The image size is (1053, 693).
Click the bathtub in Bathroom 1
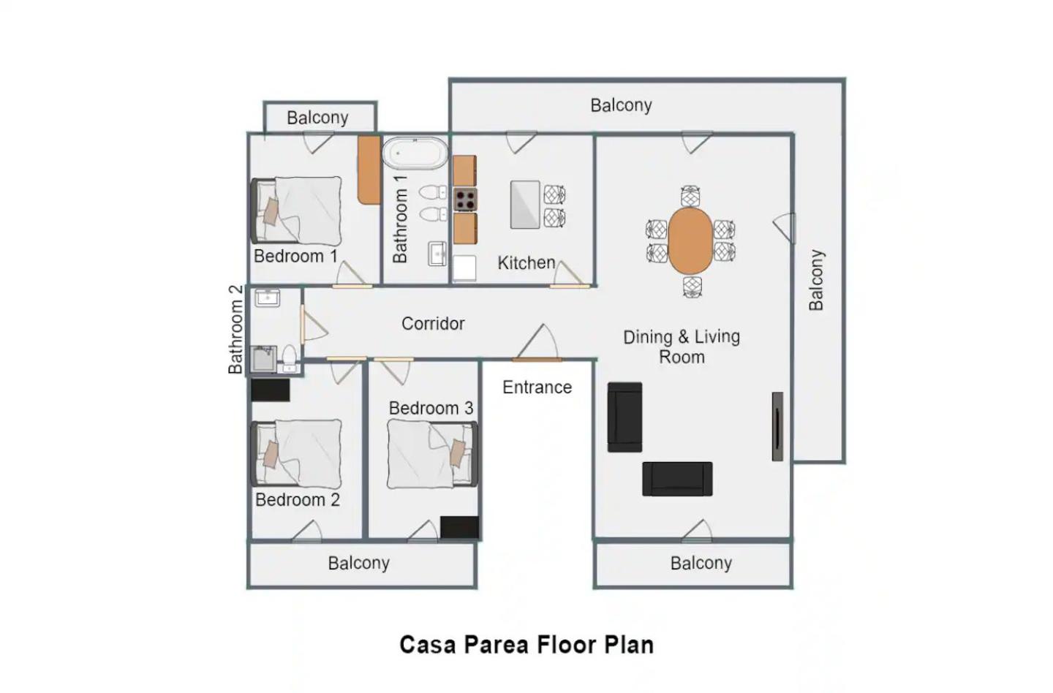[x=415, y=154]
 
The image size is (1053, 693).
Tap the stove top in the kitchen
[x=465, y=200]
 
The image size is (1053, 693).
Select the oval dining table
[x=690, y=241]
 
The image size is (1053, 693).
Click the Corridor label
[x=433, y=324]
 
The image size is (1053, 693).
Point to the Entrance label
[x=537, y=387]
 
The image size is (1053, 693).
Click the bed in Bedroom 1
[x=297, y=211]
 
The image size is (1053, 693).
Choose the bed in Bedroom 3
[x=432, y=455]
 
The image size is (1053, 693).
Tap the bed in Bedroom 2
[x=297, y=453]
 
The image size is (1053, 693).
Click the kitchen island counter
[x=525, y=205]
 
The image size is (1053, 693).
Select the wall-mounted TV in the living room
[x=777, y=427]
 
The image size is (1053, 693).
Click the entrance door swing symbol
[x=537, y=343]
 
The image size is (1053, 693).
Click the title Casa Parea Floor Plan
[x=526, y=645]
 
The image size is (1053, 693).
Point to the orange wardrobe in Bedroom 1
[x=369, y=170]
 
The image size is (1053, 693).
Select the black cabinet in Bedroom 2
[x=271, y=390]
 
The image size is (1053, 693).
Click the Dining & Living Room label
[x=682, y=346]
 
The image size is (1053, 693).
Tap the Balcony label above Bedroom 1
[x=318, y=118]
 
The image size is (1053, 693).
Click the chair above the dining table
[x=690, y=196]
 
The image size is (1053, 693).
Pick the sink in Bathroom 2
[x=267, y=298]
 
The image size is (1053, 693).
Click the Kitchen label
[x=526, y=263]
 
